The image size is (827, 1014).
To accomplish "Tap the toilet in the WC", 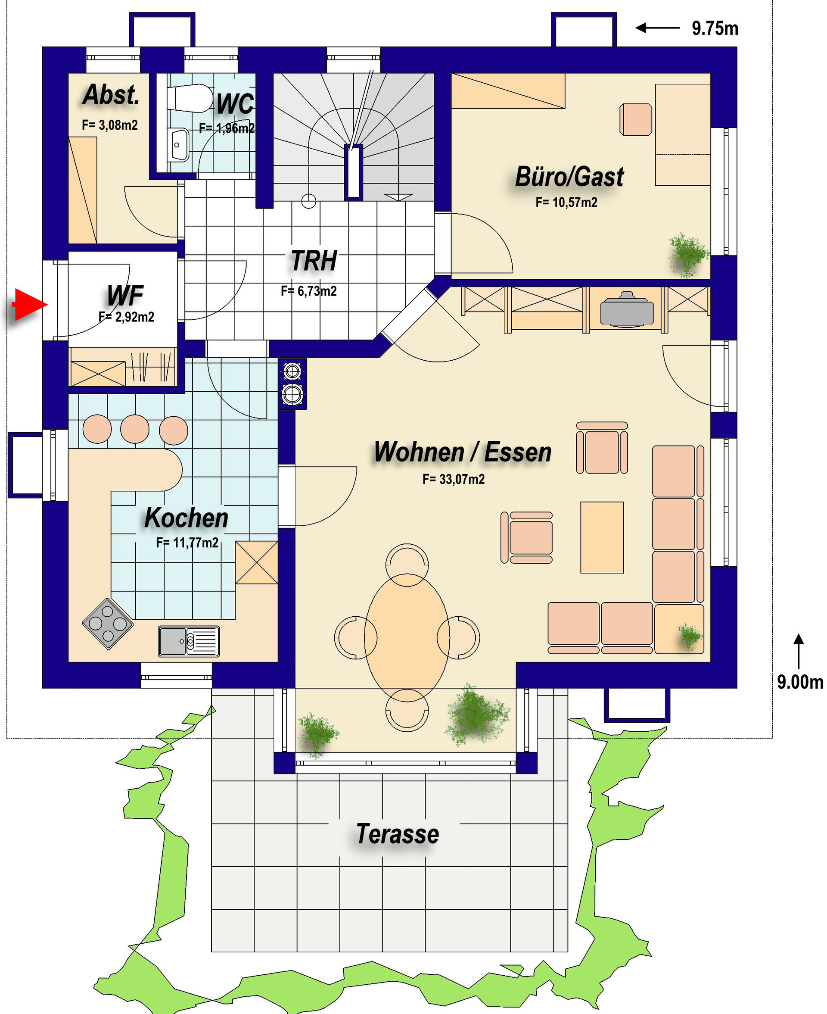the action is point(190,98).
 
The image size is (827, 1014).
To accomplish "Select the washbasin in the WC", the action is point(180,145).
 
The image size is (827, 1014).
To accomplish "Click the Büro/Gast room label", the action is point(569,177).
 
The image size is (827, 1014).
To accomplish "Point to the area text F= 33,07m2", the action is point(454,479).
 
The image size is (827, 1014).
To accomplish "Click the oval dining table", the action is point(407,636).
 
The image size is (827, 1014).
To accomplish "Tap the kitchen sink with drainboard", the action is point(189,641).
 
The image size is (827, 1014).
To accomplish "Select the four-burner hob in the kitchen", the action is point(108,623).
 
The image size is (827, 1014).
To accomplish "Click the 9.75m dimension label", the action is point(715,28).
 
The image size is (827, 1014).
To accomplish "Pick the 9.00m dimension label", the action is point(800,682).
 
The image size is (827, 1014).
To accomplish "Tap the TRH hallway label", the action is point(314,261).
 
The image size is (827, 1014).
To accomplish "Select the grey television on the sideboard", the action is point(627,309).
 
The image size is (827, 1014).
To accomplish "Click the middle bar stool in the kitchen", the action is point(135,429).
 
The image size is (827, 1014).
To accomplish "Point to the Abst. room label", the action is point(112,94).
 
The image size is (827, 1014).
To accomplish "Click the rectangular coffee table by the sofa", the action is point(602,537).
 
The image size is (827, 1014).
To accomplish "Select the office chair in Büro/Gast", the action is point(635,120).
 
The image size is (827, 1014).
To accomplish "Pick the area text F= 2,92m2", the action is point(126,317).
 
